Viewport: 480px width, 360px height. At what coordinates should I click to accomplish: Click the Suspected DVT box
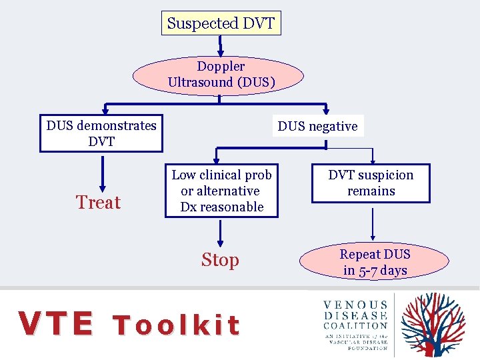point(221,23)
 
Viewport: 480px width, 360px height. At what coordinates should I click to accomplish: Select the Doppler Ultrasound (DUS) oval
point(220,75)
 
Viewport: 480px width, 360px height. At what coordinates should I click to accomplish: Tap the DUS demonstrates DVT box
point(101,133)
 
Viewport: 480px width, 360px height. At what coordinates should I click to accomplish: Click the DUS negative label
point(317,126)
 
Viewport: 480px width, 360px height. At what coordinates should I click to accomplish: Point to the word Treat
point(98,202)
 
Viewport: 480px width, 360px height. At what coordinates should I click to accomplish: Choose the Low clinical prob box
point(221,191)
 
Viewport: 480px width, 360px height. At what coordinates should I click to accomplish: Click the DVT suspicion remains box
point(371,183)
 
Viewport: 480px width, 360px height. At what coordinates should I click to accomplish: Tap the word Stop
point(220,260)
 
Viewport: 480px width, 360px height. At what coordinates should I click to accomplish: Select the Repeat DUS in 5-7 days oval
point(375,262)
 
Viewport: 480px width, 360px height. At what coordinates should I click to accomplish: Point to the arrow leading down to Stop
point(220,233)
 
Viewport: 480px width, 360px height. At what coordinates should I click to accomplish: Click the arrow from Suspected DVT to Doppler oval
point(221,45)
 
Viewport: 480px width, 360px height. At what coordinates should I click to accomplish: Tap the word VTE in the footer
point(56,324)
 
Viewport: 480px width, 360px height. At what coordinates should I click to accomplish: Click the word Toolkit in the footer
point(176,325)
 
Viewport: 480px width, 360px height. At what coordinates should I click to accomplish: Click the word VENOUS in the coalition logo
point(355,305)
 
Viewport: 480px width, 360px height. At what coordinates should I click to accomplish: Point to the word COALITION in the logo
point(355,326)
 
